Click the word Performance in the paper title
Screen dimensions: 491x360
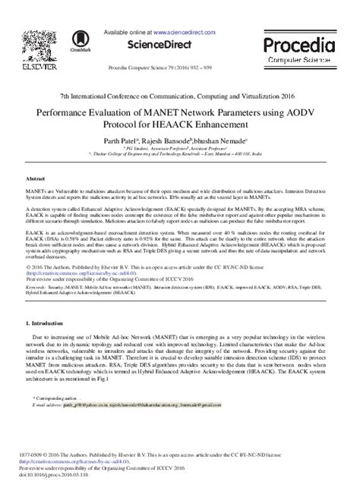(x=69, y=109)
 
